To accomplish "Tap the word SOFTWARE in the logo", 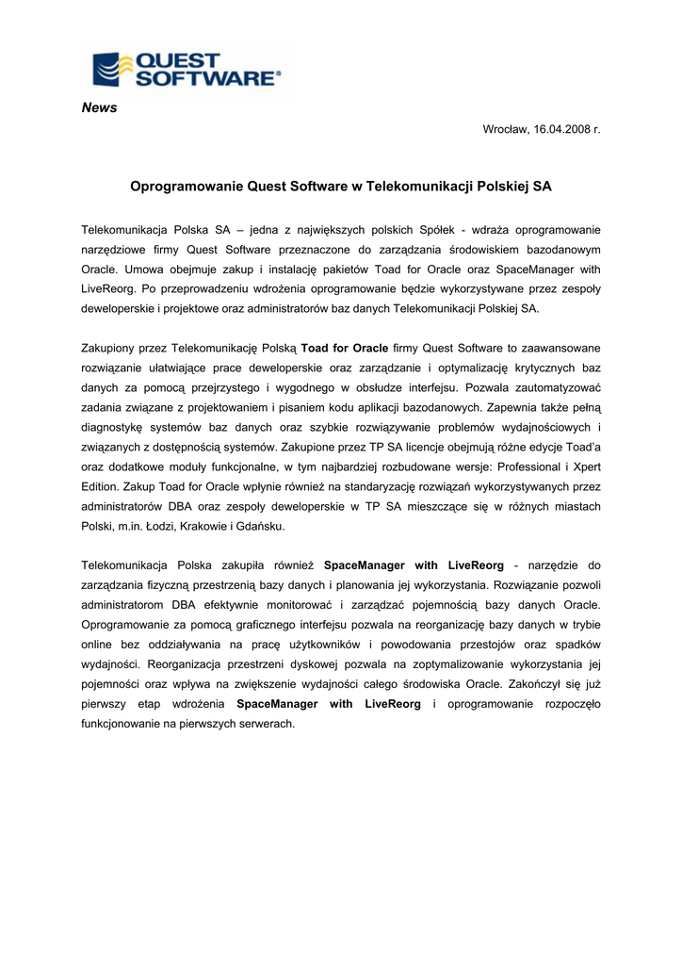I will (x=206, y=79).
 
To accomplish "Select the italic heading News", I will (x=99, y=108).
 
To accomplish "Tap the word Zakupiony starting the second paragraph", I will (x=110, y=349).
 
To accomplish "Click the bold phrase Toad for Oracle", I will (x=345, y=349).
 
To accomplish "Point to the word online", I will (x=98, y=645).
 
